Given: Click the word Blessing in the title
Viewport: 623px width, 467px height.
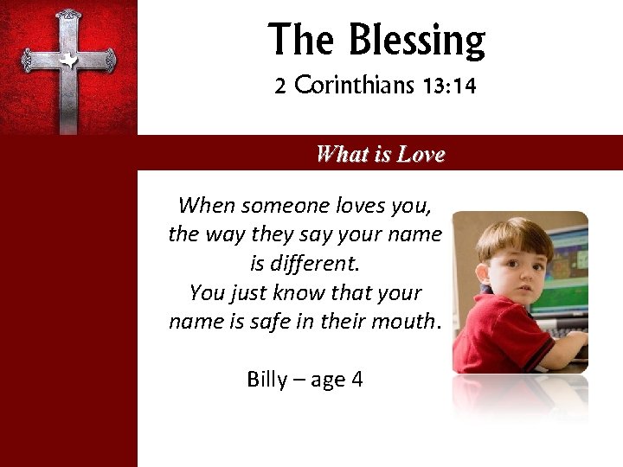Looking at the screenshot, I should point(418,40).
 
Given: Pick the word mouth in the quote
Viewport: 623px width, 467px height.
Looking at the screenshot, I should point(407,322).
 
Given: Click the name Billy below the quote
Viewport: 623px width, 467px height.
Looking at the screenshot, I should point(267,380).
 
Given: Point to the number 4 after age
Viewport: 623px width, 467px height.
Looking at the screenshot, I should point(356,380).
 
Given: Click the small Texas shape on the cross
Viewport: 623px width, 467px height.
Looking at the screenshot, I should point(67,60).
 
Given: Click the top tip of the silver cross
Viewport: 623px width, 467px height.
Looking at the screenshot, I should point(67,13).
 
